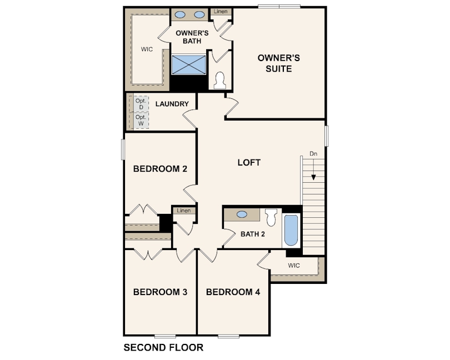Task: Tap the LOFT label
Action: click(249, 163)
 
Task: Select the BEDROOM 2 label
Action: click(160, 169)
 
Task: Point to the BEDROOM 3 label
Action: click(160, 292)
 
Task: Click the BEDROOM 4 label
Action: click(233, 292)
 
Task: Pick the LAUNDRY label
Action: click(172, 104)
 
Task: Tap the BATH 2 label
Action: click(253, 234)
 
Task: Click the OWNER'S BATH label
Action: click(188, 37)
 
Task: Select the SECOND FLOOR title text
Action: click(163, 348)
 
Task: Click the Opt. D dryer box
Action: click(141, 104)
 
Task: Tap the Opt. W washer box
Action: click(141, 120)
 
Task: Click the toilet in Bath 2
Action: click(271, 217)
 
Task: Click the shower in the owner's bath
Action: click(188, 64)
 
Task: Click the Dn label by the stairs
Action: click(313, 153)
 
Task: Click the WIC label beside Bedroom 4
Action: click(294, 266)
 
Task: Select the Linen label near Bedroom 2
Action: click(184, 211)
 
